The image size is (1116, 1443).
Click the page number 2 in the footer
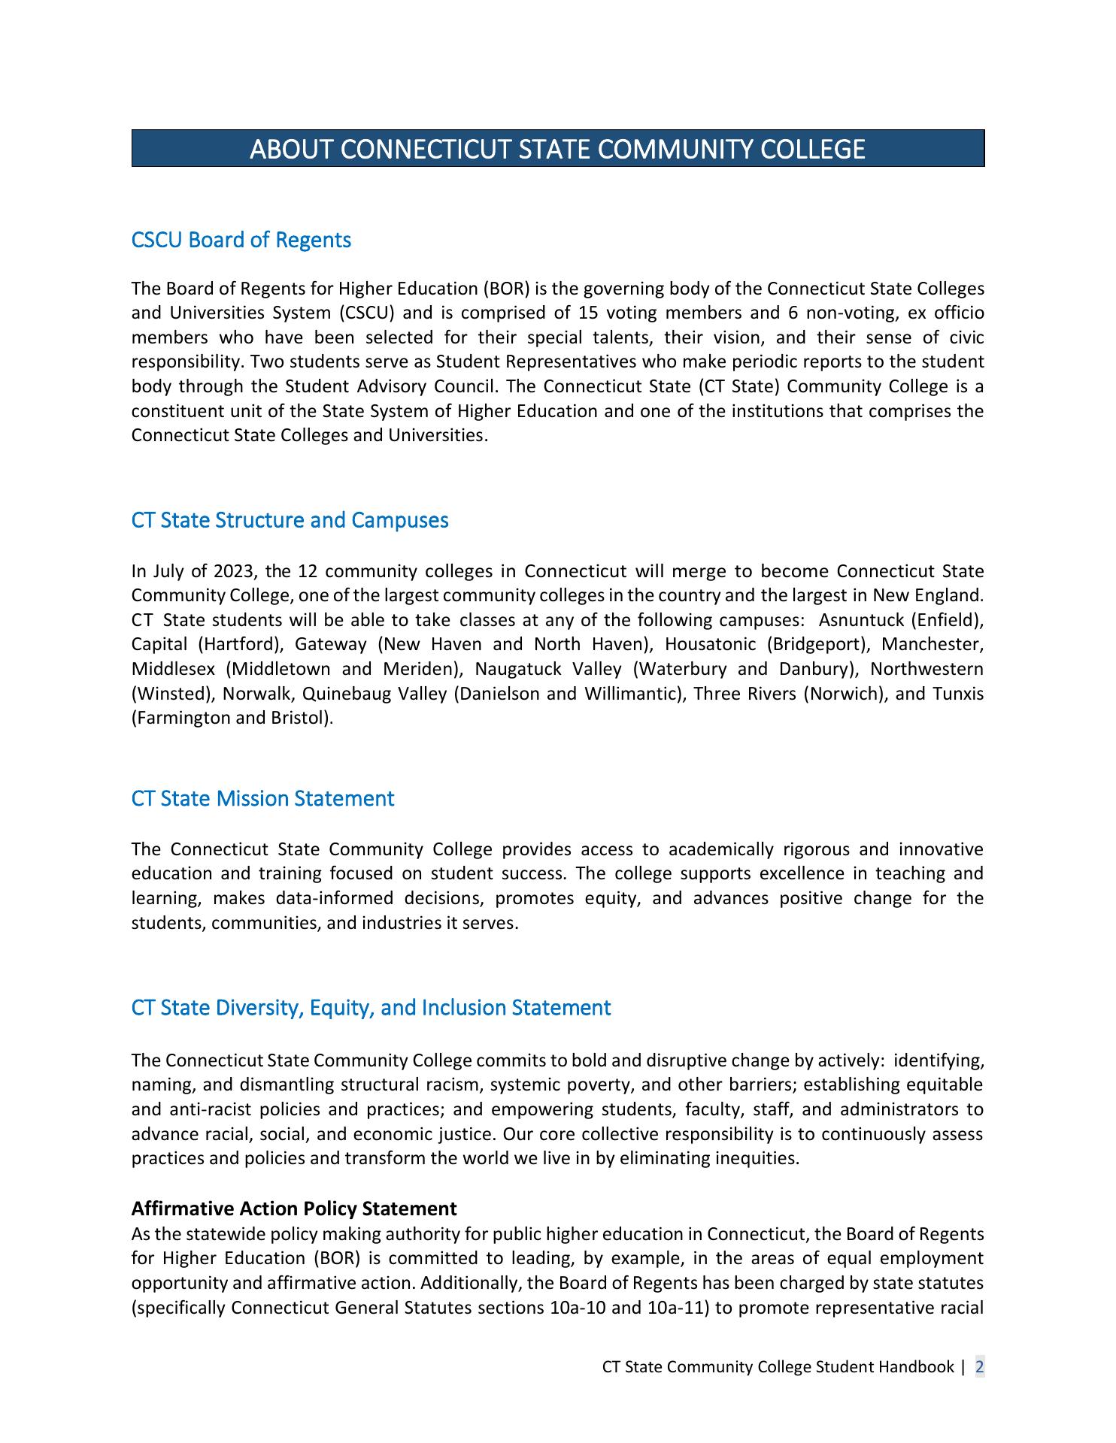click(979, 1366)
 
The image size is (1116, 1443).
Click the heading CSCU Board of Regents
click(241, 240)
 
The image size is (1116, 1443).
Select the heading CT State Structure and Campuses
click(290, 520)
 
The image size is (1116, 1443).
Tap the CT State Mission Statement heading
click(262, 798)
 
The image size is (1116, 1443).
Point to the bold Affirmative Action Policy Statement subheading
click(294, 1209)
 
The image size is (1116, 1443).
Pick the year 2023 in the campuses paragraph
click(234, 571)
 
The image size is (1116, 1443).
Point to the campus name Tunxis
click(958, 693)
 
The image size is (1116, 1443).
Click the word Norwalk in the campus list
click(256, 693)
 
